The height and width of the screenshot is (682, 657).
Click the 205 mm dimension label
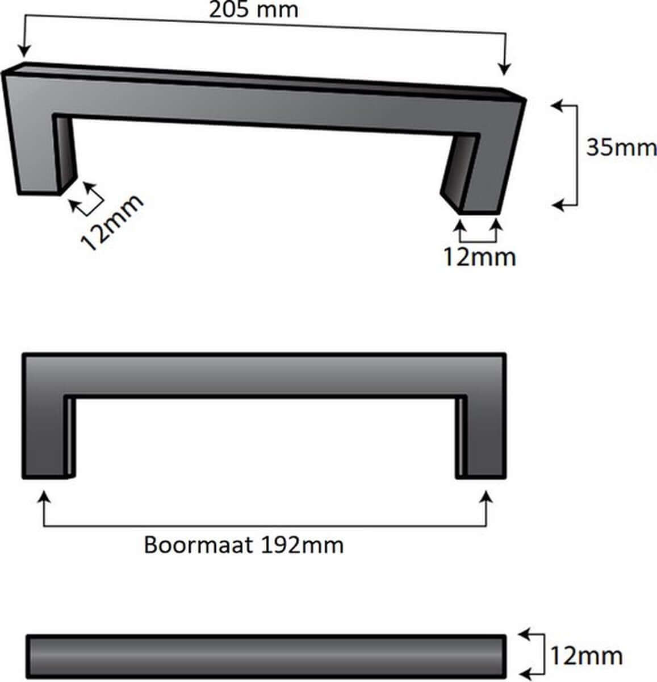253,10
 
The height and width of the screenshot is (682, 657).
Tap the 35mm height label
621,148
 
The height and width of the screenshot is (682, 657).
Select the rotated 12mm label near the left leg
112,223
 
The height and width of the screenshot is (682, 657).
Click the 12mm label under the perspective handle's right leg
480,256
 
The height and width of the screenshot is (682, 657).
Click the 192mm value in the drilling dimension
302,544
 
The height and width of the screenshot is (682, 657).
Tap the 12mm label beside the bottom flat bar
586,656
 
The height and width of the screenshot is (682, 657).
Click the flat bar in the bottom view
266,656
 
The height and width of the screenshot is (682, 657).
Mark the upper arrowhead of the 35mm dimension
558,105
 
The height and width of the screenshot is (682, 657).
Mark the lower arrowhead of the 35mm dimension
558,204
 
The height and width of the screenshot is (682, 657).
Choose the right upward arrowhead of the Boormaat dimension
486,498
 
